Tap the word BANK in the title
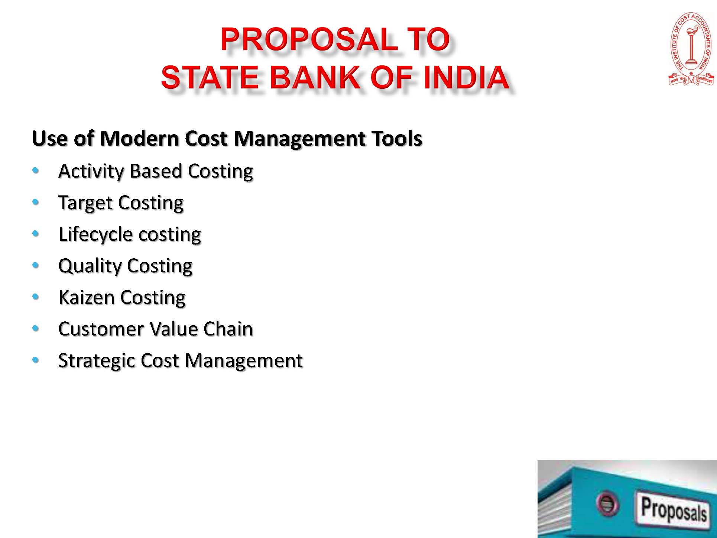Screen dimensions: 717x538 (314, 77)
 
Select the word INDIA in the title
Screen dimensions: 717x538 (466, 77)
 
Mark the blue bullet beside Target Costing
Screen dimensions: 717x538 (36, 202)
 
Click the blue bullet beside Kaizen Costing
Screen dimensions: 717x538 (36, 297)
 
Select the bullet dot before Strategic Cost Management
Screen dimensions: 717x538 (36, 360)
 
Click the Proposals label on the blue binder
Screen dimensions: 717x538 (673, 509)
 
